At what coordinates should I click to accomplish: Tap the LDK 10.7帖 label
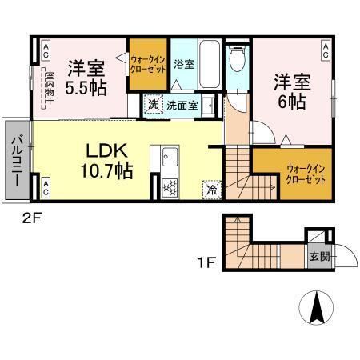pyautogui.click(x=106, y=159)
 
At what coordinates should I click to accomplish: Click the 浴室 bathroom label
pyautogui.click(x=183, y=64)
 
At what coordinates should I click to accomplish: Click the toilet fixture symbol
pyautogui.click(x=237, y=61)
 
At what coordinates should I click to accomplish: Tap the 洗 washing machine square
pyautogui.click(x=152, y=104)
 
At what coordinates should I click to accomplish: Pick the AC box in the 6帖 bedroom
pyautogui.click(x=326, y=50)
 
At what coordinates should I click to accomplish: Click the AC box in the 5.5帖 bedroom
pyautogui.click(x=45, y=50)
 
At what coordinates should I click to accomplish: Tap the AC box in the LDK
pyautogui.click(x=45, y=189)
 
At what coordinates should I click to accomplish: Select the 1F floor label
pyautogui.click(x=205, y=261)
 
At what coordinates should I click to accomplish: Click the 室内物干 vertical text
pyautogui.click(x=49, y=87)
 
